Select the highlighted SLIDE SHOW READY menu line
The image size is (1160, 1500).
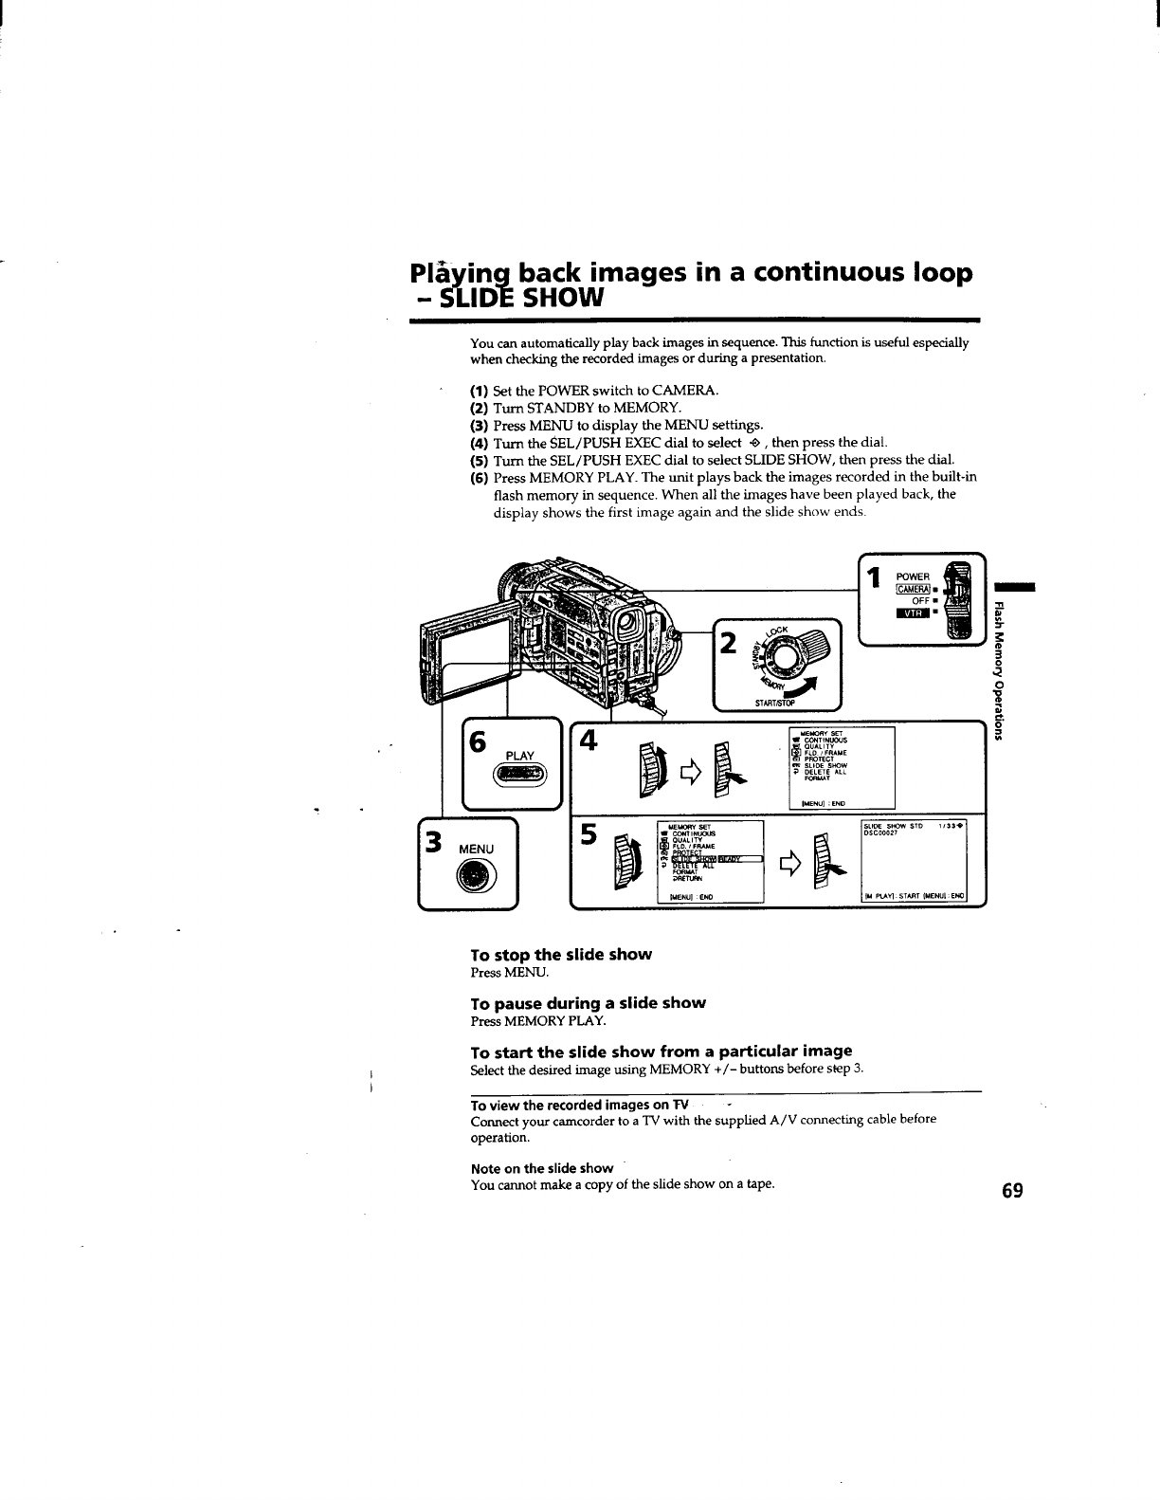(x=716, y=859)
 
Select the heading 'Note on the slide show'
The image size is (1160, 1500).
(x=541, y=1168)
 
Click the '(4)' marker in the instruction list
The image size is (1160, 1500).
(x=480, y=443)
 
